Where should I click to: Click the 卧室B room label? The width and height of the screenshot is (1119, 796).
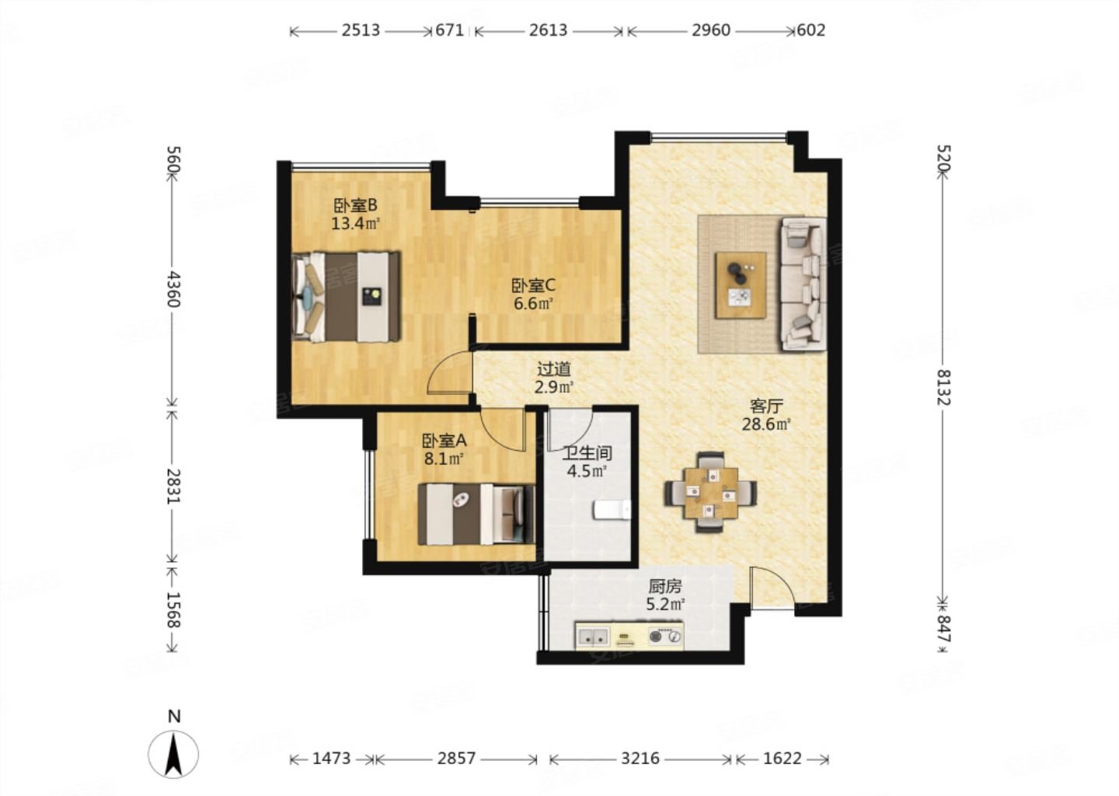(x=355, y=205)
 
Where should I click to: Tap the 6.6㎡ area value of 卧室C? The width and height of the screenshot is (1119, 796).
(x=533, y=303)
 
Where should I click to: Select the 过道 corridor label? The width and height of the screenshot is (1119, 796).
(x=553, y=368)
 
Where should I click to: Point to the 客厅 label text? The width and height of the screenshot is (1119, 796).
(x=766, y=406)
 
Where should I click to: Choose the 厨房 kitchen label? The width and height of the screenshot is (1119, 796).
(x=665, y=585)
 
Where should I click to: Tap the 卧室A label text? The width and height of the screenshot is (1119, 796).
(x=444, y=440)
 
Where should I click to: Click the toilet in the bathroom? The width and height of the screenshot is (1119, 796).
(x=612, y=510)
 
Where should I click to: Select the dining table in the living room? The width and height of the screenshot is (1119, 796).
(x=711, y=492)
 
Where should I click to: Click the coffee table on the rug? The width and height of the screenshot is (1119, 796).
(x=741, y=285)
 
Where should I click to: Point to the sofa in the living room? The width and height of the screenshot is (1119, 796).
(x=804, y=283)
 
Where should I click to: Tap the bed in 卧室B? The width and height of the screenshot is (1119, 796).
(x=347, y=297)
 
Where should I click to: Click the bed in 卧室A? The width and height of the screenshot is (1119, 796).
(x=476, y=514)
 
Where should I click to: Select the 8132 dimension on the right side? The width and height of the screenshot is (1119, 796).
(x=943, y=387)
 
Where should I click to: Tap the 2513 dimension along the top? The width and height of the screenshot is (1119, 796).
(x=361, y=30)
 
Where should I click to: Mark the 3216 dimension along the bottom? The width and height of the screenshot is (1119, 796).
(x=640, y=759)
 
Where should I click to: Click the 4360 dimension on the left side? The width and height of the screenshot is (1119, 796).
(x=173, y=289)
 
